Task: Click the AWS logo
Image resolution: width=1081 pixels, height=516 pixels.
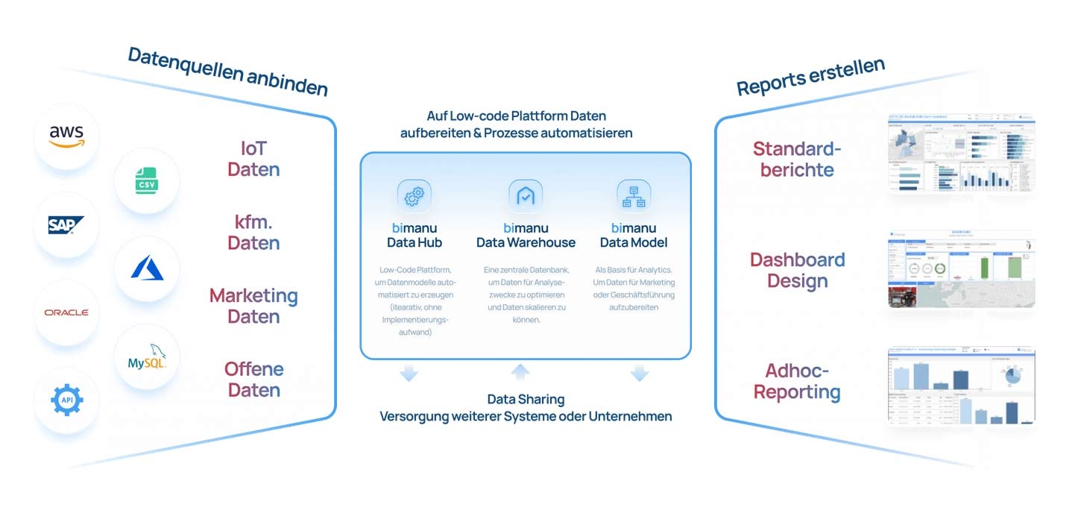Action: [67, 136]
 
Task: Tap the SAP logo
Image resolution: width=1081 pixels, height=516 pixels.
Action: [66, 224]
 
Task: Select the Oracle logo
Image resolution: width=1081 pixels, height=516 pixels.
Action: [66, 312]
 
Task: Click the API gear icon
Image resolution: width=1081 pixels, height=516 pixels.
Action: [66, 400]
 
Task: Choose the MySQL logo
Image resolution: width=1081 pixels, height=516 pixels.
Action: [147, 356]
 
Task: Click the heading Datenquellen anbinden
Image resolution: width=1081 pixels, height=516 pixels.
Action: [227, 72]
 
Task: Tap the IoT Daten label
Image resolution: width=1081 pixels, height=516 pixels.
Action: [253, 159]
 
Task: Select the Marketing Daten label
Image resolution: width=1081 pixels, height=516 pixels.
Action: [253, 306]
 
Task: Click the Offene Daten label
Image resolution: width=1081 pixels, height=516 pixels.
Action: [253, 380]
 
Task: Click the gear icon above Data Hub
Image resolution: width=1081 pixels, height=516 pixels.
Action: [414, 196]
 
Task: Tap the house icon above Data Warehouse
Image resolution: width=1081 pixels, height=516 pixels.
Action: [526, 196]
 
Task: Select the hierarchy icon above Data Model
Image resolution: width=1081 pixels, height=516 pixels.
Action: [634, 196]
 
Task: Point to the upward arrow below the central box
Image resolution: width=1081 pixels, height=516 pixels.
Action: [520, 372]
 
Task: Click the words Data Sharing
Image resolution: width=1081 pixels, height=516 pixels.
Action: [526, 400]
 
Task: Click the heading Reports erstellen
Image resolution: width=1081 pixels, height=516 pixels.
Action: [810, 77]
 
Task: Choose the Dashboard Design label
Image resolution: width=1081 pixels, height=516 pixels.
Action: [798, 270]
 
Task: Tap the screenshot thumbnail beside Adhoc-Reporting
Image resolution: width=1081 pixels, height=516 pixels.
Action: [961, 386]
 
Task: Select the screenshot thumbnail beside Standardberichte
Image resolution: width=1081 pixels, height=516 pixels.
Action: [961, 154]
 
